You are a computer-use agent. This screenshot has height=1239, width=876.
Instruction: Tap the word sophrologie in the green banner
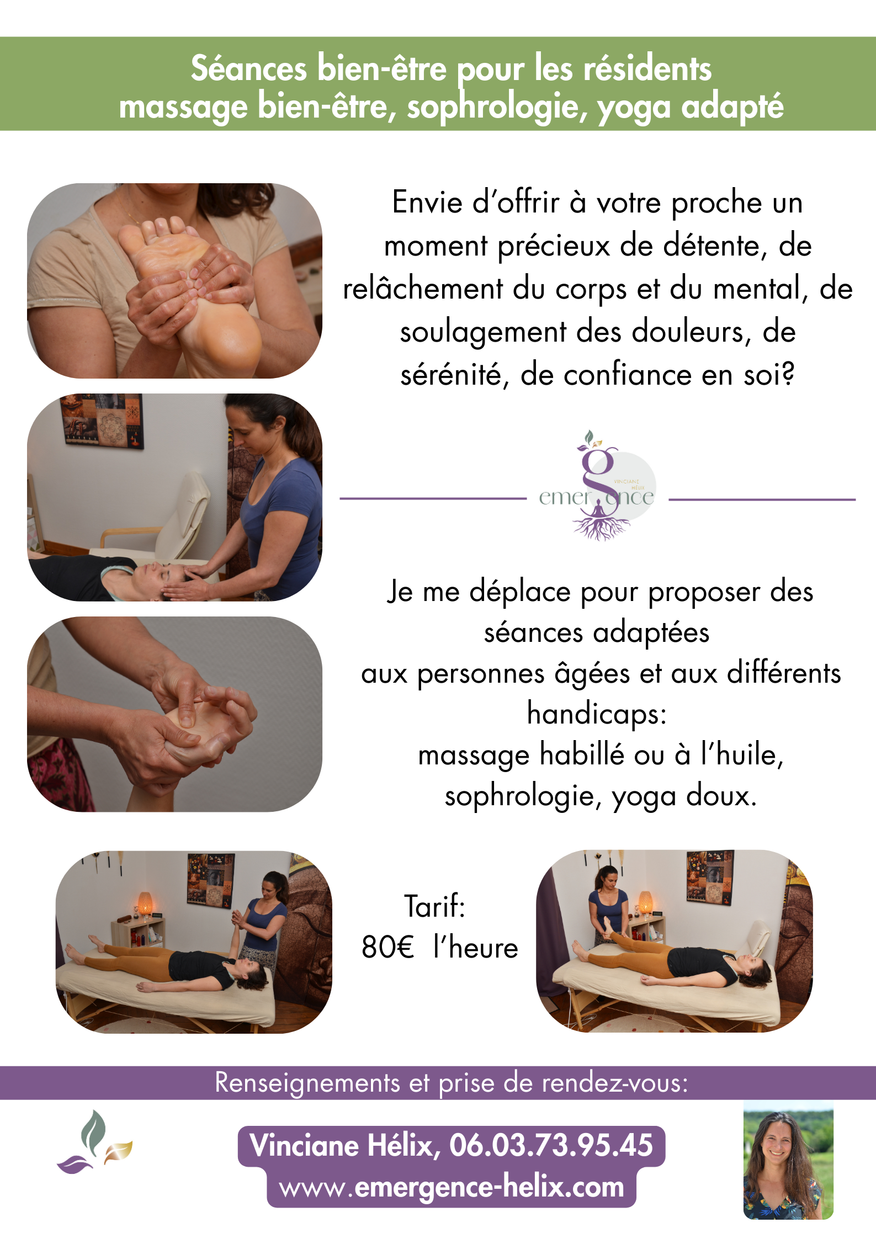coord(497,107)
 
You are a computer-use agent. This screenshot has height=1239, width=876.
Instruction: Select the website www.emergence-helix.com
coord(452,1188)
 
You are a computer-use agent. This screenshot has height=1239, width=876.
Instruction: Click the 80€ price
coord(387,947)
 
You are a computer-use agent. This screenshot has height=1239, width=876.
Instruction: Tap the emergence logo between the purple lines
coord(598,486)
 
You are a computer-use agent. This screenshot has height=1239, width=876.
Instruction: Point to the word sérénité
coord(453,375)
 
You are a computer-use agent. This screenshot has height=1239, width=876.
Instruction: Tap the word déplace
coord(520,592)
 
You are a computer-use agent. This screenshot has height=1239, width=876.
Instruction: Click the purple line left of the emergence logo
coord(433,499)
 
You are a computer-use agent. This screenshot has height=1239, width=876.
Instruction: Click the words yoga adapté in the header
coord(691,107)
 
